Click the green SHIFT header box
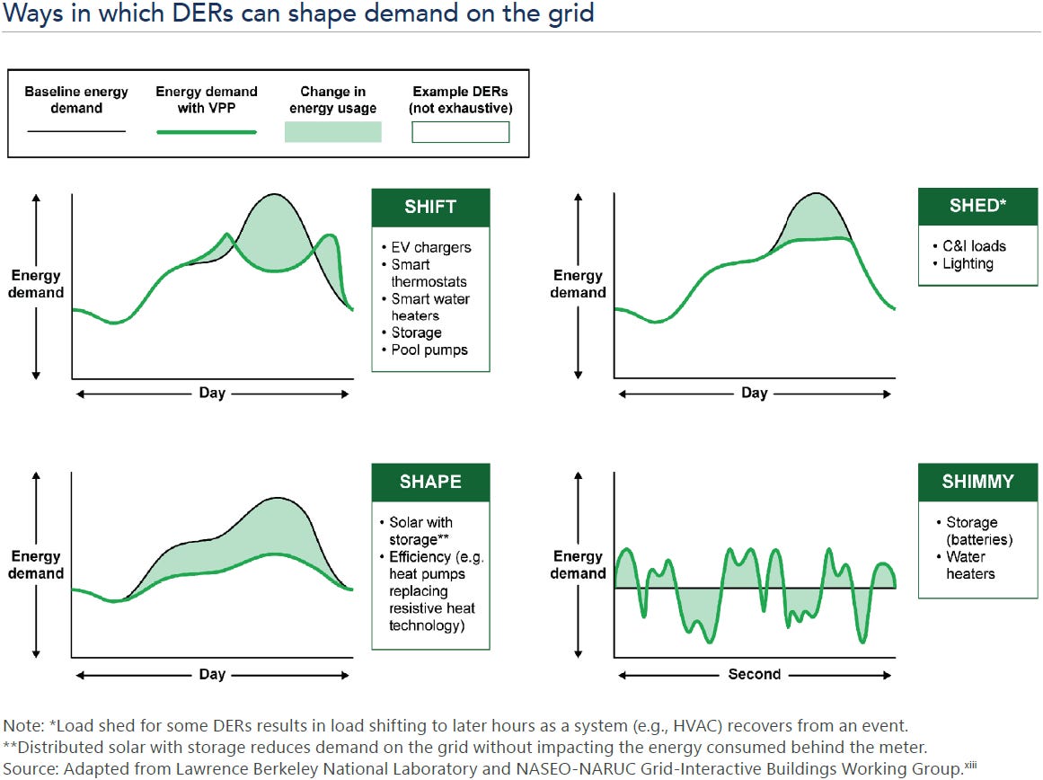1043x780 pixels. click(x=430, y=207)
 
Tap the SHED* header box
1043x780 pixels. click(x=977, y=206)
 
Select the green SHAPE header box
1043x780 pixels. click(x=430, y=482)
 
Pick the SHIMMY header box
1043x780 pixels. click(x=977, y=482)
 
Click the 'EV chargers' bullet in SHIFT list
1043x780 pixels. click(x=430, y=247)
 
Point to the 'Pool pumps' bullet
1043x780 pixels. click(x=429, y=350)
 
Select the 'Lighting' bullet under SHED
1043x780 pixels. click(x=968, y=263)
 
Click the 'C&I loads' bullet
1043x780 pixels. click(x=974, y=246)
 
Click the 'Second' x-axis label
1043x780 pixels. click(x=755, y=674)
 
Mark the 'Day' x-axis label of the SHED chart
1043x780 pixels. click(x=755, y=393)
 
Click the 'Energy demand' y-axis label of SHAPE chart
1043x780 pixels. click(x=36, y=565)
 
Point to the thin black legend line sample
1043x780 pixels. click(x=76, y=132)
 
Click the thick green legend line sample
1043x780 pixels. click(x=207, y=132)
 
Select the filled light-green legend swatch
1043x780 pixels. click(x=333, y=132)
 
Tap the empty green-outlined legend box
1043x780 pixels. click(x=460, y=132)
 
